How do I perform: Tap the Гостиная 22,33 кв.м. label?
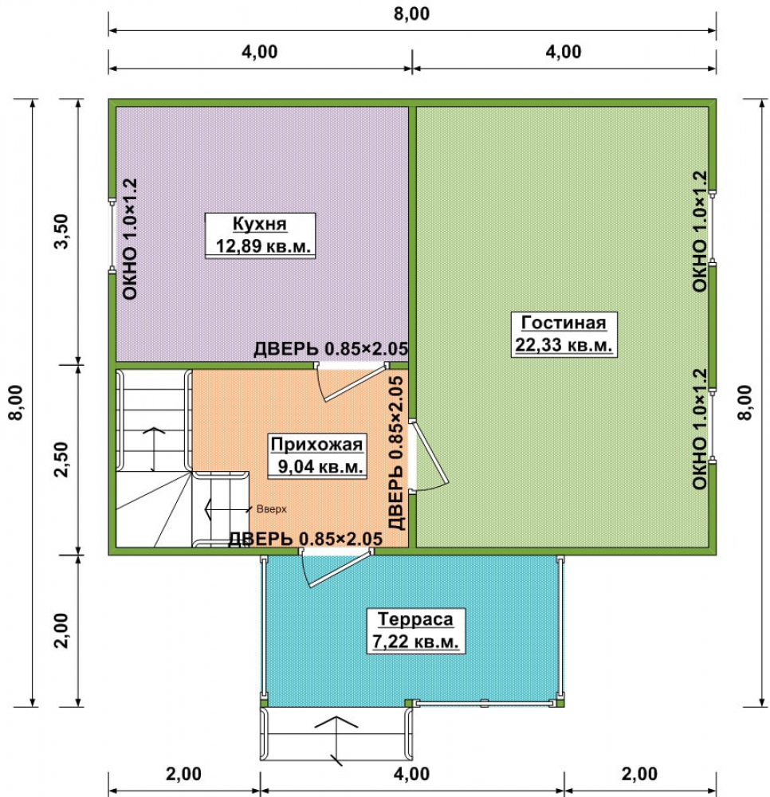tap(564, 335)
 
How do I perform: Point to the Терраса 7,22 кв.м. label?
tap(416, 630)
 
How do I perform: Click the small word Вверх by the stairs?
tap(271, 508)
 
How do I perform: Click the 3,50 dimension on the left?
tap(61, 231)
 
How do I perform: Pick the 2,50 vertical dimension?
tap(61, 460)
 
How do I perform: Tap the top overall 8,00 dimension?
tap(411, 14)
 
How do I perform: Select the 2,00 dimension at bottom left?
tap(183, 774)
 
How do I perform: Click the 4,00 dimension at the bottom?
tap(411, 774)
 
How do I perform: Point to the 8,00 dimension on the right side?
tap(744, 402)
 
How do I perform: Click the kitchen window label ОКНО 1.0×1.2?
tap(130, 239)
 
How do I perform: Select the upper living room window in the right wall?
tap(713, 226)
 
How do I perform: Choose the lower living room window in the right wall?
tap(713, 425)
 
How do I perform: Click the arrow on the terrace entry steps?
tap(336, 740)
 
